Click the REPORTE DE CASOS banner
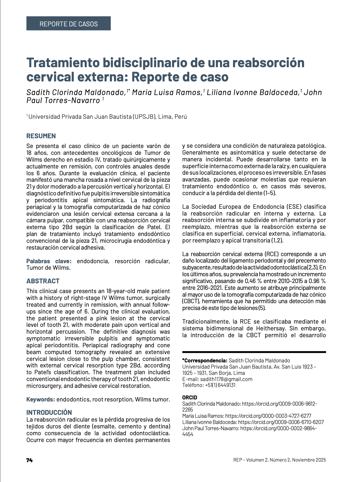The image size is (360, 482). click(68, 24)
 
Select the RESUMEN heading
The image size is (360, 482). click(41, 136)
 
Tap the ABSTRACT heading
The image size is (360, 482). click(43, 281)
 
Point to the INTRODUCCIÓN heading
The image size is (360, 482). click(49, 412)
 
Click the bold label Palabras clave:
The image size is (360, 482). click(49, 261)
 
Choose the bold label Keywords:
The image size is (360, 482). click(41, 399)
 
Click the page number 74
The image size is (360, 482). click(29, 460)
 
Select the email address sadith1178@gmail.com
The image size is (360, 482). click(226, 379)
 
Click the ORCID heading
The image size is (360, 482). click(189, 397)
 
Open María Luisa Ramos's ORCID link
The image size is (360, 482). click(268, 416)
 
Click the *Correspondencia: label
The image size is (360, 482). click(205, 361)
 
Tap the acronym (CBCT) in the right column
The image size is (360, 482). click(191, 301)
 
